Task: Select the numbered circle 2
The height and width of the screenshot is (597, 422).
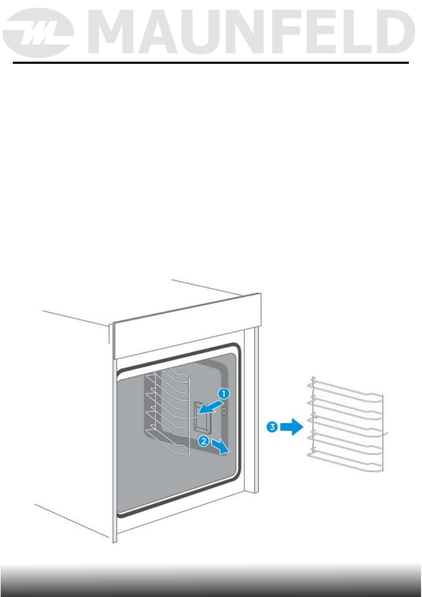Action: (x=203, y=441)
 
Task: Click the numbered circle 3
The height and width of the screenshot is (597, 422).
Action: (x=272, y=427)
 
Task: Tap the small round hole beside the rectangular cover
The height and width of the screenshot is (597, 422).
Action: (x=224, y=411)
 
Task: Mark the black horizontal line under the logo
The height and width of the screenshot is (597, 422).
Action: (x=211, y=63)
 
